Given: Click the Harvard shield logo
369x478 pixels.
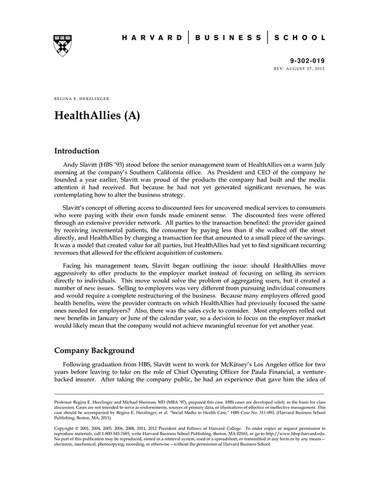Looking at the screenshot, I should click(x=63, y=45).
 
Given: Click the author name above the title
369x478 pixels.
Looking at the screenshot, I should click(x=82, y=99).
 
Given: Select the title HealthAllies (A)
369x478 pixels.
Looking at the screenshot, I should click(x=97, y=116).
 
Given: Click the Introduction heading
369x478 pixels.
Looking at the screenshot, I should click(x=76, y=151).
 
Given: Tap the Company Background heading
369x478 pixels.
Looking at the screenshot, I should click(x=94, y=350).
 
